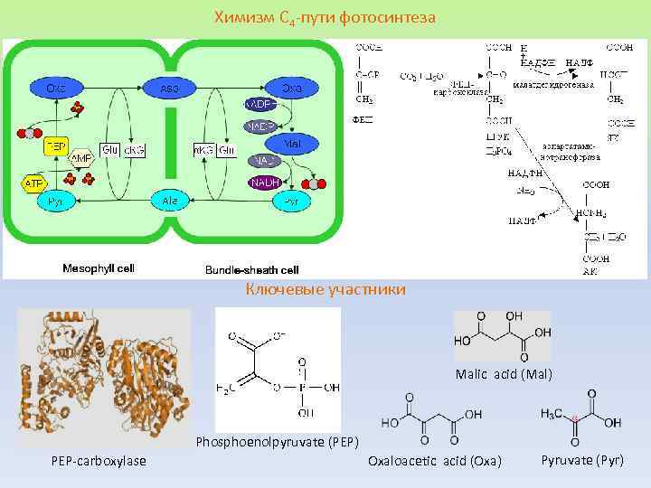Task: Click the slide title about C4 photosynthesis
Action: point(325,17)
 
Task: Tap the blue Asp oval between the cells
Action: point(169,89)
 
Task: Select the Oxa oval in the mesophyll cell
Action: point(55,88)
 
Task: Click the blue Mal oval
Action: point(292,143)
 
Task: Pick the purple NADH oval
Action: point(264,183)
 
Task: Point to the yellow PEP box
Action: point(55,144)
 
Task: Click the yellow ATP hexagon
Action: point(33,183)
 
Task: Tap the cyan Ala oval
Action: point(169,200)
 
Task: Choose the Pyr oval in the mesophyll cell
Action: point(55,202)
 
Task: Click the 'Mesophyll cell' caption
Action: point(98,268)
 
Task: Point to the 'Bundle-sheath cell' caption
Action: point(251,269)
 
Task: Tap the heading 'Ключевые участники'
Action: point(325,289)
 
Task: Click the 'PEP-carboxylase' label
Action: point(99,462)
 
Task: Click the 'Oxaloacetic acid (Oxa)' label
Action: point(434,462)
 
